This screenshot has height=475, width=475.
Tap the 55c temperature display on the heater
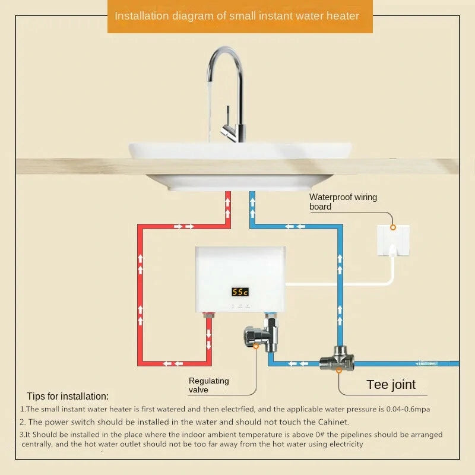[240, 292]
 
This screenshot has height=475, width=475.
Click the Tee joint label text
[391, 385]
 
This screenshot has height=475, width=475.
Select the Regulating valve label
[209, 385]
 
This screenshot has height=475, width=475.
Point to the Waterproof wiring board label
[343, 202]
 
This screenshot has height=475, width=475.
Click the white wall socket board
[393, 240]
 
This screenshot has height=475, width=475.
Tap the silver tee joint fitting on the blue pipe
[337, 359]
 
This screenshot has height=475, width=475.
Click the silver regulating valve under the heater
[261, 335]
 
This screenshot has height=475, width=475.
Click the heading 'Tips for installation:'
[68, 396]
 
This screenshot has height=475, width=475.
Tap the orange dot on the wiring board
[393, 227]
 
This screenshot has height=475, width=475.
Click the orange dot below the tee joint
[338, 370]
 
